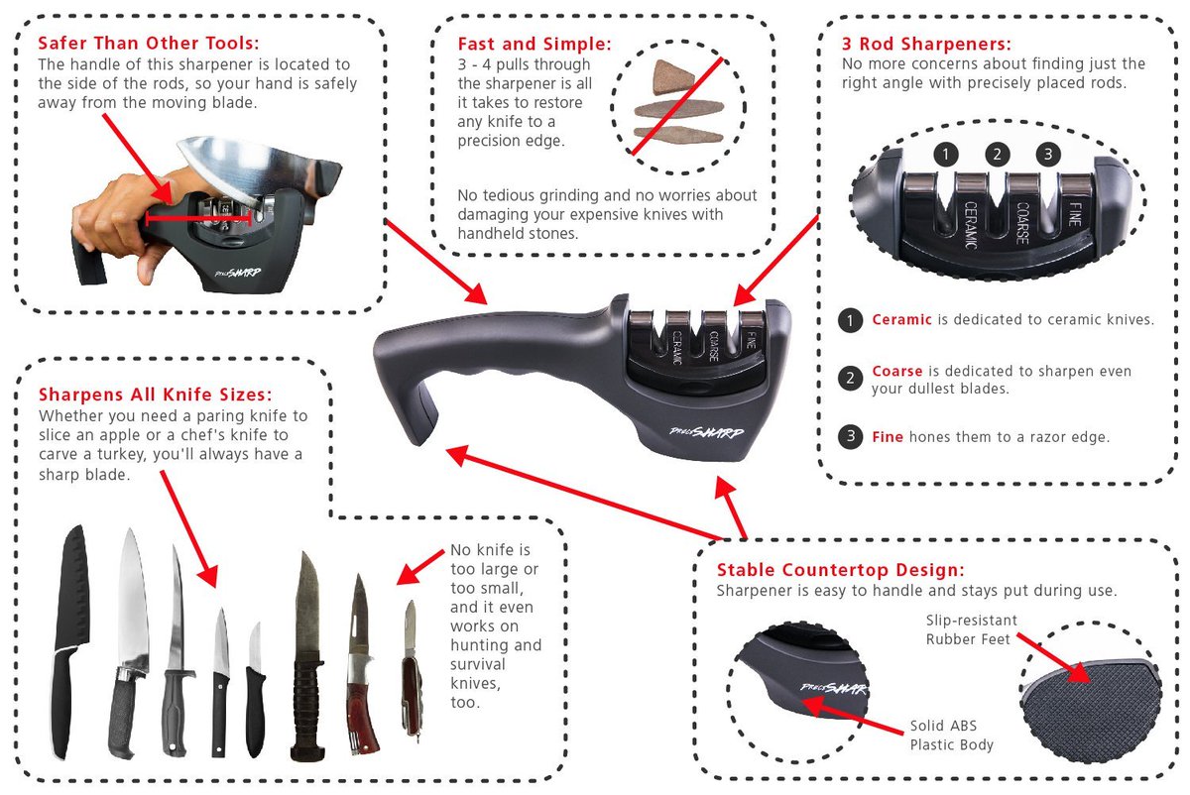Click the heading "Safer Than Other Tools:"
[x=148, y=44]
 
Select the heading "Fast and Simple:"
[x=534, y=44]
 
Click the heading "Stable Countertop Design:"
[x=840, y=570]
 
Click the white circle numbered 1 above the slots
[x=947, y=155]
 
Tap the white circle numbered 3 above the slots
[x=1048, y=155]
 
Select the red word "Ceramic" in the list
[x=901, y=320]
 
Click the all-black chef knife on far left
[x=70, y=634]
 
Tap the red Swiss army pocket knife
[x=410, y=674]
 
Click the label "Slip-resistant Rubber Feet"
[x=971, y=629]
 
